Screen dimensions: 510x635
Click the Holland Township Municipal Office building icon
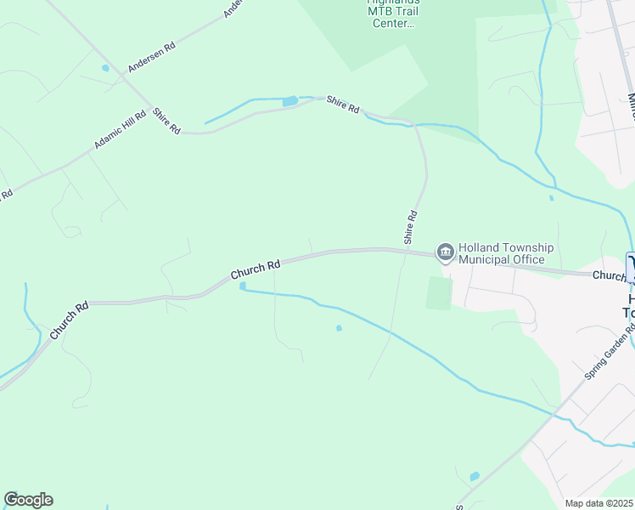pyautogui.click(x=445, y=252)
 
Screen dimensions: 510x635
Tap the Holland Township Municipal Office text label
pyautogui.click(x=506, y=253)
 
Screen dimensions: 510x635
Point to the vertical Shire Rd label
pyautogui.click(x=411, y=226)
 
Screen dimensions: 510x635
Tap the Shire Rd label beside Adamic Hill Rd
pyautogui.click(x=167, y=120)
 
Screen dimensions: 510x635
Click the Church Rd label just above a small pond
pyautogui.click(x=255, y=271)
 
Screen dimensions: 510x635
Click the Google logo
pyautogui.click(x=28, y=500)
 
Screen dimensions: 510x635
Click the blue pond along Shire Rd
pyautogui.click(x=290, y=101)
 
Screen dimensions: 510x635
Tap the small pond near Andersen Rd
pyautogui.click(x=105, y=68)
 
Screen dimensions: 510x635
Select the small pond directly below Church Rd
pyautogui.click(x=243, y=286)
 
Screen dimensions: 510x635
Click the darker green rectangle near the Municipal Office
pyautogui.click(x=438, y=293)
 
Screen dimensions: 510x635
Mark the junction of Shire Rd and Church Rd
pyautogui.click(x=405, y=251)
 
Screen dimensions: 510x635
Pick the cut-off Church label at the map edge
pyautogui.click(x=608, y=275)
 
